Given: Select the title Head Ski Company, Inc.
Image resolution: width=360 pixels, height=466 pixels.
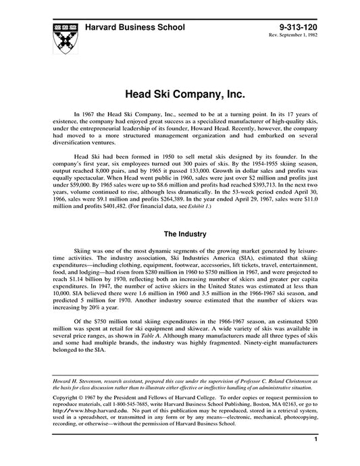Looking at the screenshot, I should pyautogui.click(x=180, y=90).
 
